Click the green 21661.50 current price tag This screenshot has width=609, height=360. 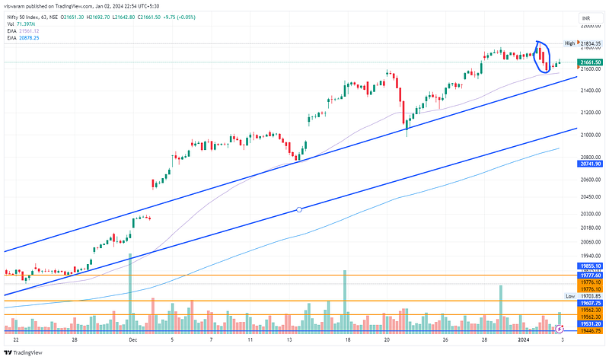click(591, 62)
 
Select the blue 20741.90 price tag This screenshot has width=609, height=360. click(591, 164)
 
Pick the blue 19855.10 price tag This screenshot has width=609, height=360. click(591, 266)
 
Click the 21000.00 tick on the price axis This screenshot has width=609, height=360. click(590, 135)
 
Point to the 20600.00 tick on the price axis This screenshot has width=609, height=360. click(590, 180)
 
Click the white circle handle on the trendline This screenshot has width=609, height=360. click(298, 209)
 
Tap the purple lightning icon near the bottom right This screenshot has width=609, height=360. click(560, 329)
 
